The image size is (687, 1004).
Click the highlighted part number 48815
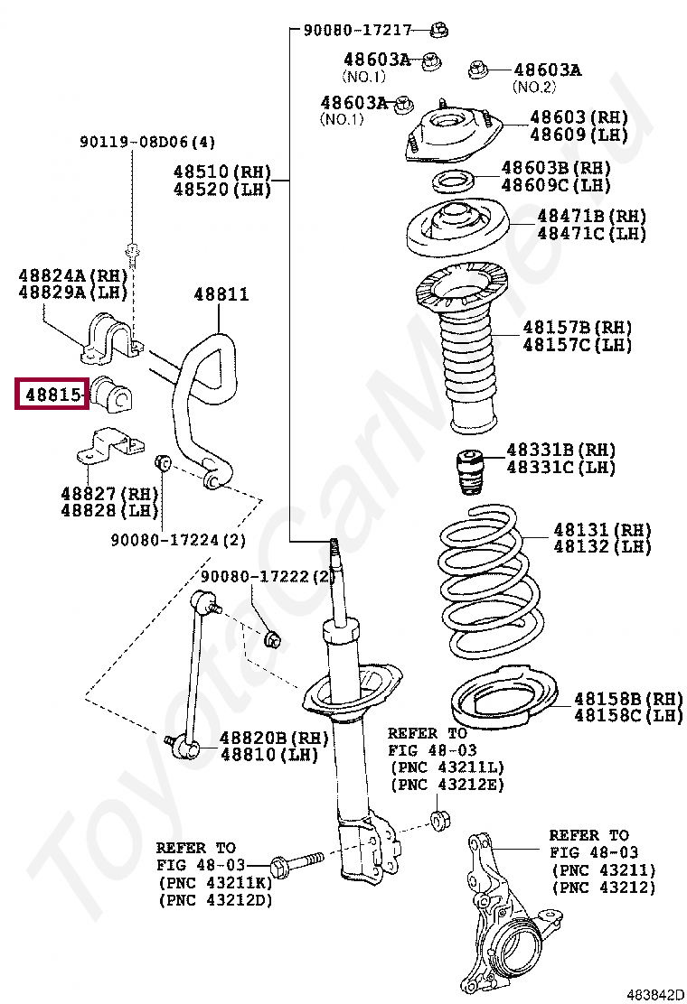(x=51, y=395)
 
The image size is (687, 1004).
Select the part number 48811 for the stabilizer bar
(x=221, y=294)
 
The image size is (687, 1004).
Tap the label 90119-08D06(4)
(x=147, y=142)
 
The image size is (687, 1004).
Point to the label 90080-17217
(x=357, y=30)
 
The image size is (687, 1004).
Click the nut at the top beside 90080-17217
(x=438, y=29)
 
